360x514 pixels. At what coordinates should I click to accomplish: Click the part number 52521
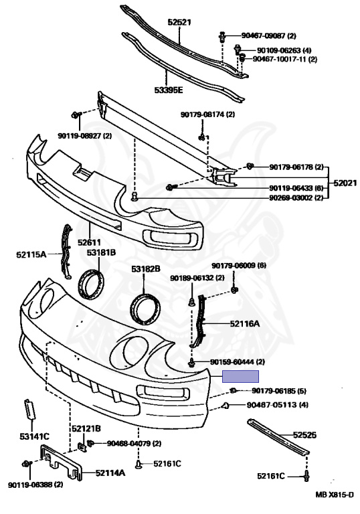pyautogui.click(x=179, y=22)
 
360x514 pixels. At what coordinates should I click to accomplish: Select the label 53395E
pyautogui.click(x=169, y=90)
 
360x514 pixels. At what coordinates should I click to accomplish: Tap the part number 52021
pyautogui.click(x=345, y=183)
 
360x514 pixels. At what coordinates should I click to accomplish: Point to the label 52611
pyautogui.click(x=89, y=242)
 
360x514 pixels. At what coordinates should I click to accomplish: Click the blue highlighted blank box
pyautogui.click(x=241, y=376)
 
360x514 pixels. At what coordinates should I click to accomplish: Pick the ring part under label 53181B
pyautogui.click(x=92, y=284)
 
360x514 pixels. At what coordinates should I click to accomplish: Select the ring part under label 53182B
pyautogui.click(x=146, y=309)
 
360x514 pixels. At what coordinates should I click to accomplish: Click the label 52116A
pyautogui.click(x=245, y=324)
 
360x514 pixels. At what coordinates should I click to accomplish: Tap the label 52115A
pyautogui.click(x=31, y=254)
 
